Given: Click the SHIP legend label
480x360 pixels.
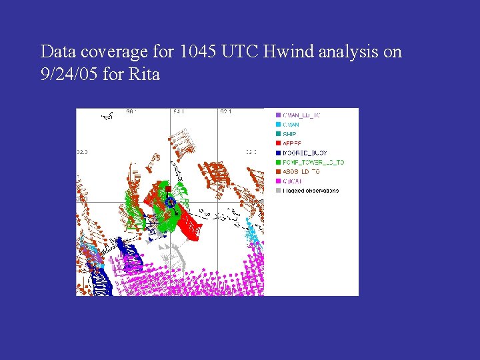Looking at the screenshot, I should (x=289, y=134).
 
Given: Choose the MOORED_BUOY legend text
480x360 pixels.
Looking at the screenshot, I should (x=306, y=153).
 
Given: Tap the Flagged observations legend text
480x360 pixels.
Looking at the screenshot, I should (x=311, y=191).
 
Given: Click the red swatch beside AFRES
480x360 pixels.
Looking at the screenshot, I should (x=278, y=143).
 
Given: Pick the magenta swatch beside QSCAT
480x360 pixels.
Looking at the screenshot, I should (x=278, y=181).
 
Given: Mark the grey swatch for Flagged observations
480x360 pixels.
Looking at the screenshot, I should (x=278, y=191).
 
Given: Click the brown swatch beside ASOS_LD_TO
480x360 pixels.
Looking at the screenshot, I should (x=278, y=172).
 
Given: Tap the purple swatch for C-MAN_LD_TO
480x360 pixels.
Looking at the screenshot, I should (x=278, y=115).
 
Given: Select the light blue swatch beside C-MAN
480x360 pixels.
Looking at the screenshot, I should (x=278, y=125).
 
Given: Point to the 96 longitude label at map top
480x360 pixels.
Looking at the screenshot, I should (x=131, y=112).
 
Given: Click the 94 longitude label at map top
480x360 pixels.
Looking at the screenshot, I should (x=178, y=112).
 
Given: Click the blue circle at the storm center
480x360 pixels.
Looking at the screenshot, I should (x=170, y=201).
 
